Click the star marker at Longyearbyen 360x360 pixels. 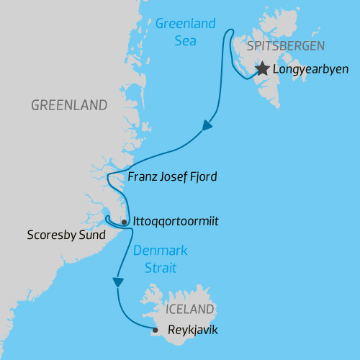coord(261,69)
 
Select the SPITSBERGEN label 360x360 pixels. coord(286,46)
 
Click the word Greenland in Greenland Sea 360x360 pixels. coord(186,24)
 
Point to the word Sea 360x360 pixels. coord(186,40)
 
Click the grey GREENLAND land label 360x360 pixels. coord(69,105)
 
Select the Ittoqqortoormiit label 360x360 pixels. coord(176,221)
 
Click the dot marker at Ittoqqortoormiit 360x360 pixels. coord(125,222)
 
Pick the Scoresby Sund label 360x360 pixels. coord(66,235)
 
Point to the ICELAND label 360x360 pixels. coord(189,310)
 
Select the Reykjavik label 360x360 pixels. coord(191,330)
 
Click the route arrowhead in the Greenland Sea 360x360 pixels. coord(207,125)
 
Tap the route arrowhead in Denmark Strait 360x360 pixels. coord(117,282)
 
